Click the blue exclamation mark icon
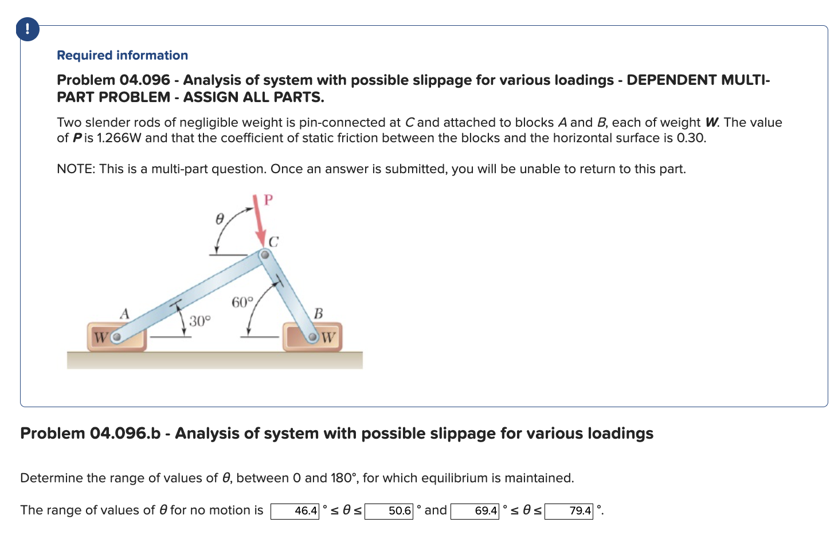coord(28,29)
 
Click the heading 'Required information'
coord(122,55)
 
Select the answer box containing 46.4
coord(295,510)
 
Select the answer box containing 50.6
coord(389,510)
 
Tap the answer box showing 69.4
coord(475,510)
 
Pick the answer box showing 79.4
coord(569,510)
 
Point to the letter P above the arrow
coord(268,200)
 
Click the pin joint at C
coord(264,255)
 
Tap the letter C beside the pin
coord(273,241)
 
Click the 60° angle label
coord(242,302)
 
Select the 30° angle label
coord(200,321)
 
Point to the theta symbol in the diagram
coord(218,219)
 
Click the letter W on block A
coord(100,337)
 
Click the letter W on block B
coord(328,337)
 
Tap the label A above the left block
coord(124,314)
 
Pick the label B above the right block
coord(319,314)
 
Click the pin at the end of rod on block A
coord(116,337)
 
